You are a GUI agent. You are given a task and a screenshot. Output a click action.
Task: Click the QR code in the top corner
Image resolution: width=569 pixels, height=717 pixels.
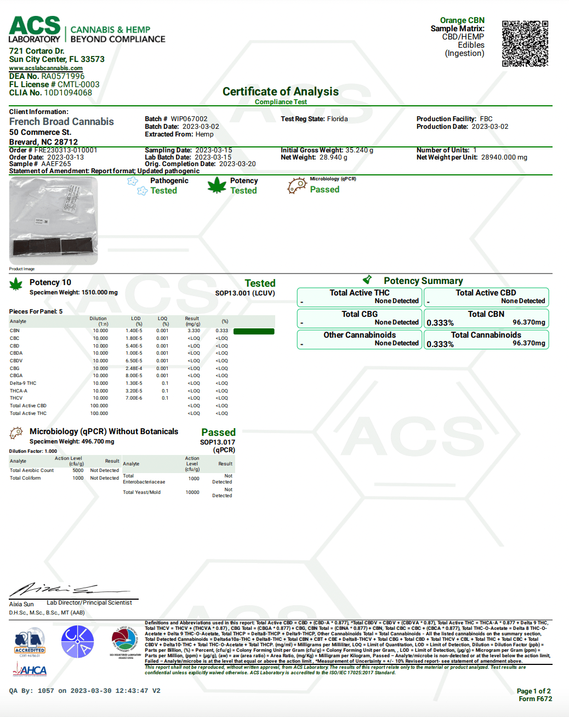pyautogui.click(x=525, y=43)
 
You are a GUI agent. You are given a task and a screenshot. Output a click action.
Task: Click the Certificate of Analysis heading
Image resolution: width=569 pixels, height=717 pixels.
pyautogui.click(x=280, y=92)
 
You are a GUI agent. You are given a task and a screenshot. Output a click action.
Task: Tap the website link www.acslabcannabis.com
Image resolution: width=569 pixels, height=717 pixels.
pyautogui.click(x=45, y=68)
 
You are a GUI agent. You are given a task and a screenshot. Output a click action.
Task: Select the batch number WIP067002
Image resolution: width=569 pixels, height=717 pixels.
pyautogui.click(x=189, y=119)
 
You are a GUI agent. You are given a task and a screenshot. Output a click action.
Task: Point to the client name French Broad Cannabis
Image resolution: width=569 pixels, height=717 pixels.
pyautogui.click(x=61, y=122)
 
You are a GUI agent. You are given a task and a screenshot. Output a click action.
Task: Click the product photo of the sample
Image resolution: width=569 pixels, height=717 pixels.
pyautogui.click(x=53, y=221)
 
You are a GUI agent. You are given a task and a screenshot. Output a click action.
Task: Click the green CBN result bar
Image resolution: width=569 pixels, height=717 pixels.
pyautogui.click(x=253, y=331)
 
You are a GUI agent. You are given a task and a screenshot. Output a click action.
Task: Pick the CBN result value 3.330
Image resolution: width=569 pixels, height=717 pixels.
pyautogui.click(x=194, y=331)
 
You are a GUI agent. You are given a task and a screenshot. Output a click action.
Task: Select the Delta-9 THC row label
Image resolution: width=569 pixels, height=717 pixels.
pyautogui.click(x=23, y=383)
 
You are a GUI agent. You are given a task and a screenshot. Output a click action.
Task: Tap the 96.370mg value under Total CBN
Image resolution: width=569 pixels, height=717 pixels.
pyautogui.click(x=528, y=322)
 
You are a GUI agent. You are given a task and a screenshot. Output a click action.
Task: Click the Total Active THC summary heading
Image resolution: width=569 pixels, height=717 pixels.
pyautogui.click(x=359, y=293)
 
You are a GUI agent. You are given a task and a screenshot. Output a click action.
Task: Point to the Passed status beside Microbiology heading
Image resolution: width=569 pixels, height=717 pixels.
pyautogui.click(x=218, y=433)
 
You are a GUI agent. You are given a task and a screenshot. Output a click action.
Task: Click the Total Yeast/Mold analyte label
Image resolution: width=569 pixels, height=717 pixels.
pyautogui.click(x=141, y=492)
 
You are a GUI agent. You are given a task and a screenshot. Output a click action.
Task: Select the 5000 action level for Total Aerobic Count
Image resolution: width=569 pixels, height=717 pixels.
pyautogui.click(x=78, y=470)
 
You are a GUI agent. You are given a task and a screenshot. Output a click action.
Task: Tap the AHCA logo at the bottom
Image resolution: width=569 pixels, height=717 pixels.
pyautogui.click(x=30, y=670)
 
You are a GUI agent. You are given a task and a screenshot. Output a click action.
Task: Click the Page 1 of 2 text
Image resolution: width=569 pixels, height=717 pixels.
pyautogui.click(x=533, y=691)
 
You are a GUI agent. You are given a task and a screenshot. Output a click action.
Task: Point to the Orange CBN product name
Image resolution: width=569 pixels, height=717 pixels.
pyautogui.click(x=462, y=20)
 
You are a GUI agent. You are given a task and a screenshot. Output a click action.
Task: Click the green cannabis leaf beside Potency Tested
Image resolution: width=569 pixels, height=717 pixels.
pyautogui.click(x=217, y=185)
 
